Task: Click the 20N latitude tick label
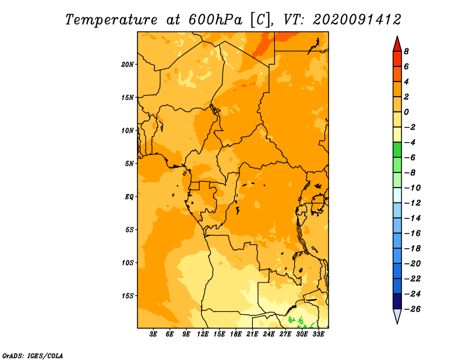[x=127, y=65]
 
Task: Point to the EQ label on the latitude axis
[x=129, y=197]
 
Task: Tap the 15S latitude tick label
[x=127, y=296]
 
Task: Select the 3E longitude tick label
[x=153, y=334]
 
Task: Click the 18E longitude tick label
[x=236, y=334]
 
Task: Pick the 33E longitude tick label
[x=318, y=334]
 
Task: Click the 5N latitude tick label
[x=129, y=164]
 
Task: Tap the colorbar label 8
[x=406, y=51]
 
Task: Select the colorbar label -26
[x=412, y=309]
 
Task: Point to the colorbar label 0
[x=406, y=112]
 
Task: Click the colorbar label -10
[x=412, y=188]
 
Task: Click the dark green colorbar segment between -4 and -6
[x=397, y=150]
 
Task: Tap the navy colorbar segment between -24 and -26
[x=397, y=301]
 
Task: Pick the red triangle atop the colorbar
[x=397, y=45]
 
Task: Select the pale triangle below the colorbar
[x=397, y=316]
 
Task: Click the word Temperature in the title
[x=111, y=20]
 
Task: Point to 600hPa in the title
[x=216, y=20]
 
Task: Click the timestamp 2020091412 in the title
[x=357, y=20]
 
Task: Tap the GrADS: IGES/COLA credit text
[x=33, y=356]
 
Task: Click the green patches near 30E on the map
[x=300, y=322]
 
